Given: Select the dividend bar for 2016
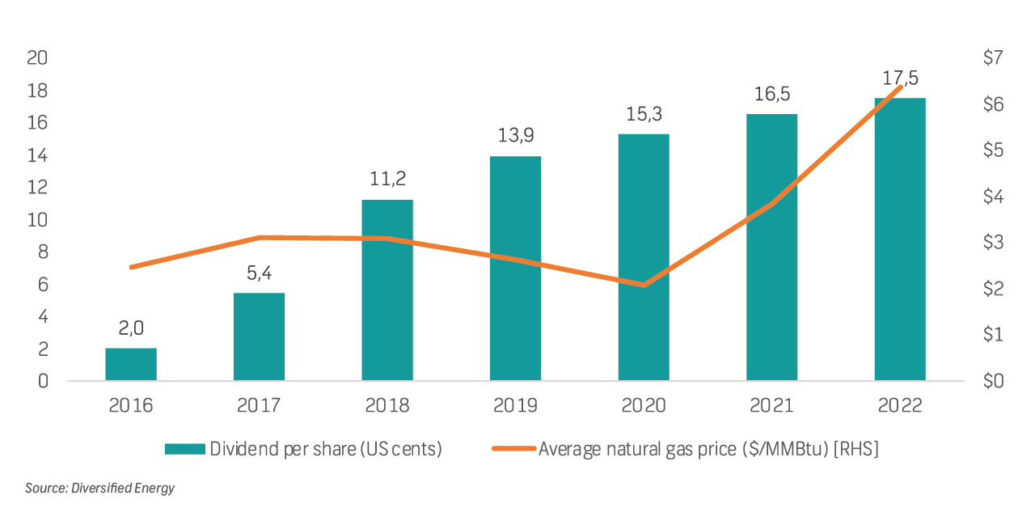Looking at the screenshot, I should [131, 364].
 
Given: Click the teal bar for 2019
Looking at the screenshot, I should [515, 268].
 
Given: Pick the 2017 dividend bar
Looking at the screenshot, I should [259, 337].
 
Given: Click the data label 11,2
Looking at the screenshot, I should [387, 179].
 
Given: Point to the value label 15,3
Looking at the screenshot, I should [644, 114].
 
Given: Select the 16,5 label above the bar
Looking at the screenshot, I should [771, 94].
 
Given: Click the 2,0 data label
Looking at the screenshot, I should [131, 328].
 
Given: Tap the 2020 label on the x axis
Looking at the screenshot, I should [644, 405].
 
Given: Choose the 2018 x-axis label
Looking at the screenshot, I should [387, 405].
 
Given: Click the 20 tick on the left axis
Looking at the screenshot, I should [37, 58].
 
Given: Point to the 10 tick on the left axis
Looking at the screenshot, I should [37, 220].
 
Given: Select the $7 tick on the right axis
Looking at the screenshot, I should [992, 58].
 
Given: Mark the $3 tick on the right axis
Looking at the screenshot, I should [992, 242].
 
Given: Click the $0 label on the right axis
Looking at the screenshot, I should [992, 381].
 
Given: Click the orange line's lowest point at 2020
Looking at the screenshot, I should [644, 285].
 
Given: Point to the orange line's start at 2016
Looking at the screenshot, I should [131, 267].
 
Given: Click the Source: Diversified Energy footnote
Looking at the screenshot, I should [99, 488].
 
